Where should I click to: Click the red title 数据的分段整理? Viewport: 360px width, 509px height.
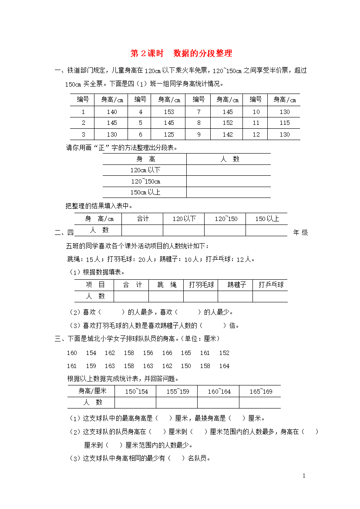(x=202, y=54)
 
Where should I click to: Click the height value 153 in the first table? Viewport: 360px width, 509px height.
(x=169, y=112)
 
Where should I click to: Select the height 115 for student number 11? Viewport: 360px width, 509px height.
(x=285, y=123)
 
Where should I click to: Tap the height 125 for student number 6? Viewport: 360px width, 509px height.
(x=169, y=134)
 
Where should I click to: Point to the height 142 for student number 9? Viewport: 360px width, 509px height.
(x=227, y=134)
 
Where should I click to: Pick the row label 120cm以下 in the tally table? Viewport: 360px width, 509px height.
(x=145, y=170)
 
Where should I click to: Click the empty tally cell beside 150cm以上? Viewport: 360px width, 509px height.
(x=228, y=192)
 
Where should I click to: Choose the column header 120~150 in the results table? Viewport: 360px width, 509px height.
(x=226, y=219)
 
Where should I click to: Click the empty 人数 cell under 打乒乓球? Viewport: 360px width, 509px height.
(x=270, y=296)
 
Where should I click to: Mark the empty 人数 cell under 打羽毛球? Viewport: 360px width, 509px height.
(x=201, y=296)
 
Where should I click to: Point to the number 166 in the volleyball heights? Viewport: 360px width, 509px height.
(x=167, y=353)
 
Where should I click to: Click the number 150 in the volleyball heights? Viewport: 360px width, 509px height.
(x=186, y=366)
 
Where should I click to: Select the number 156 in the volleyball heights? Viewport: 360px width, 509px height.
(x=148, y=353)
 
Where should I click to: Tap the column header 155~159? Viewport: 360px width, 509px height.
(x=178, y=391)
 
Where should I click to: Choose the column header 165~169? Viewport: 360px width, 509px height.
(x=260, y=391)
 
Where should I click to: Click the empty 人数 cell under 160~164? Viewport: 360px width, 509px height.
(x=219, y=402)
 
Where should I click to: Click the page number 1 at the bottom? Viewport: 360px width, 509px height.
(x=304, y=476)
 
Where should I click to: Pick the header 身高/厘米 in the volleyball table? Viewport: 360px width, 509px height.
(x=92, y=391)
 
